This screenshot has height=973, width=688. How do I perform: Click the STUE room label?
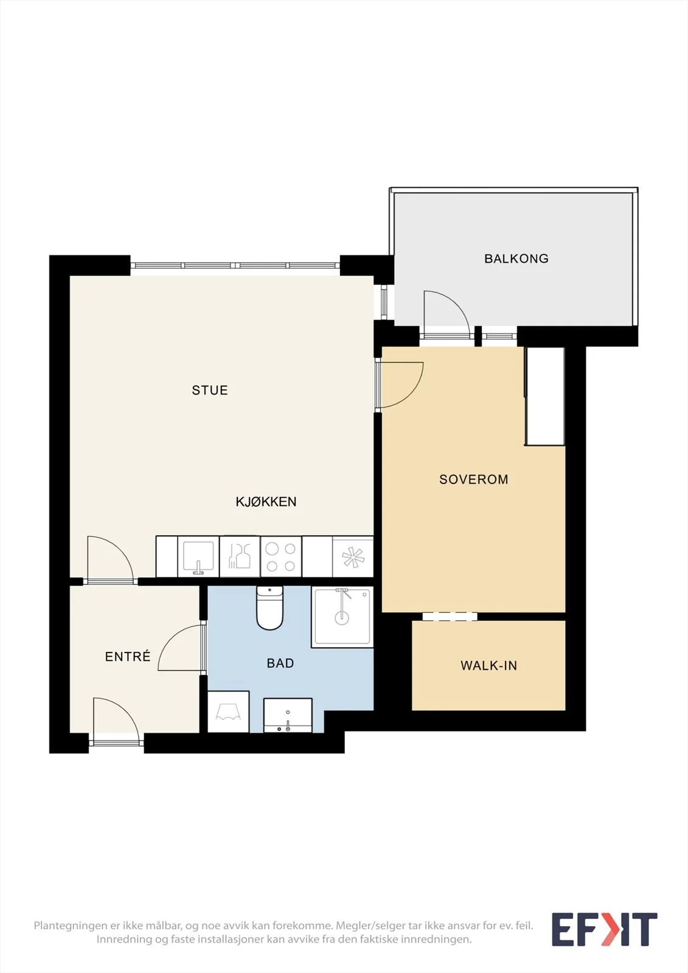click(x=210, y=390)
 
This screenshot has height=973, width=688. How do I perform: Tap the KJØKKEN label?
click(x=266, y=502)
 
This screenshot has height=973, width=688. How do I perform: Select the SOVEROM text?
click(x=474, y=480)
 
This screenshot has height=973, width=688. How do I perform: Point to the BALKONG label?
click(x=516, y=259)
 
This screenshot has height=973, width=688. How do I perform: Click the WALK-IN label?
click(x=489, y=666)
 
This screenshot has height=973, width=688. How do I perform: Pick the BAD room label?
click(x=280, y=663)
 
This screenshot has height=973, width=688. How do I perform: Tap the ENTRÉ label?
click(x=128, y=656)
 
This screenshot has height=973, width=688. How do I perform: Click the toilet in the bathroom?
click(x=270, y=608)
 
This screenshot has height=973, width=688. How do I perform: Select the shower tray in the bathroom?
click(x=342, y=617)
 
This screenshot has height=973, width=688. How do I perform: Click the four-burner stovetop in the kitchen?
click(x=281, y=557)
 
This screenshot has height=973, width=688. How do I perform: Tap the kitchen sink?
click(x=198, y=557)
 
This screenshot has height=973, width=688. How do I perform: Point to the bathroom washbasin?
click(x=288, y=715)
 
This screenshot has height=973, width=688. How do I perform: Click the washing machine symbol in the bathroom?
click(x=228, y=712)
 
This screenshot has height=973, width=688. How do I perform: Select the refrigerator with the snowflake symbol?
click(x=353, y=557)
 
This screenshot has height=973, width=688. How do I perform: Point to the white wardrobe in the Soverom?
click(x=545, y=396)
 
